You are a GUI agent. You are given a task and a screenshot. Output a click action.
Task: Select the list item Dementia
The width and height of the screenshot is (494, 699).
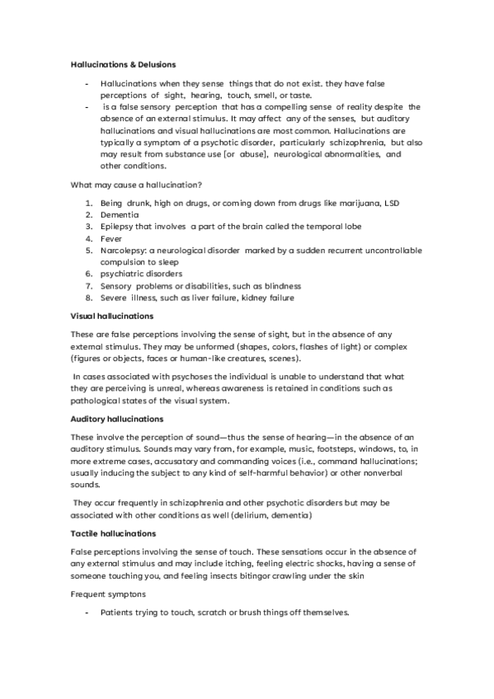(121, 213)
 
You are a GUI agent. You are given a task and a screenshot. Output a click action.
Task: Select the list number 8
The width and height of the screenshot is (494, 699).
(89, 298)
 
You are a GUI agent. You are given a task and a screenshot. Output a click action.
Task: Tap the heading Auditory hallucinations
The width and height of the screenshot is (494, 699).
(116, 419)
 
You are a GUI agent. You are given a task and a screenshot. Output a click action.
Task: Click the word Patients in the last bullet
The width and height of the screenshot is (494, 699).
(118, 613)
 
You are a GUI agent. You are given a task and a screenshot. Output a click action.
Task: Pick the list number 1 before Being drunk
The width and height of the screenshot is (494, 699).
(89, 202)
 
